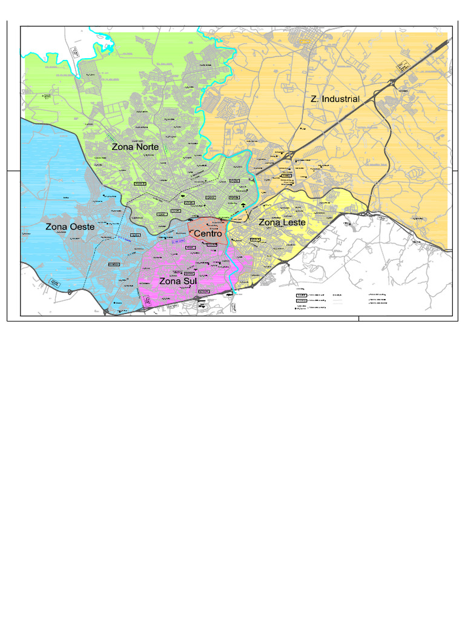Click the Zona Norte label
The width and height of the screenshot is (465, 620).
click(135, 147)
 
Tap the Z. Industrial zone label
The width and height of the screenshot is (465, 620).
click(335, 99)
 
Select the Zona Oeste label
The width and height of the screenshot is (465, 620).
click(70, 227)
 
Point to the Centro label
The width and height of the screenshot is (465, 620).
click(208, 233)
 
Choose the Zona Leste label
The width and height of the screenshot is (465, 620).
click(282, 223)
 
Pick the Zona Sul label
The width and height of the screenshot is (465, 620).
click(178, 282)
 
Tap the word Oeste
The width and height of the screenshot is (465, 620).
click(81, 227)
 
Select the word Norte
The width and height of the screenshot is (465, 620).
click(147, 147)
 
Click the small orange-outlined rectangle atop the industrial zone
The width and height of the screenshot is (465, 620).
click(304, 41)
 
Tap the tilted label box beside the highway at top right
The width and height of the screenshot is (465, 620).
click(401, 66)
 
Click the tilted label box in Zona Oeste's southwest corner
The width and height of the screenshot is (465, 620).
click(55, 283)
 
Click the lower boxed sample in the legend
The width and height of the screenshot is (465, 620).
click(300, 300)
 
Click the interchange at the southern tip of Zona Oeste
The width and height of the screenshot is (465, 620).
click(107, 311)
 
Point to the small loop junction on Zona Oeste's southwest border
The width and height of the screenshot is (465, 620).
click(70, 292)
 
